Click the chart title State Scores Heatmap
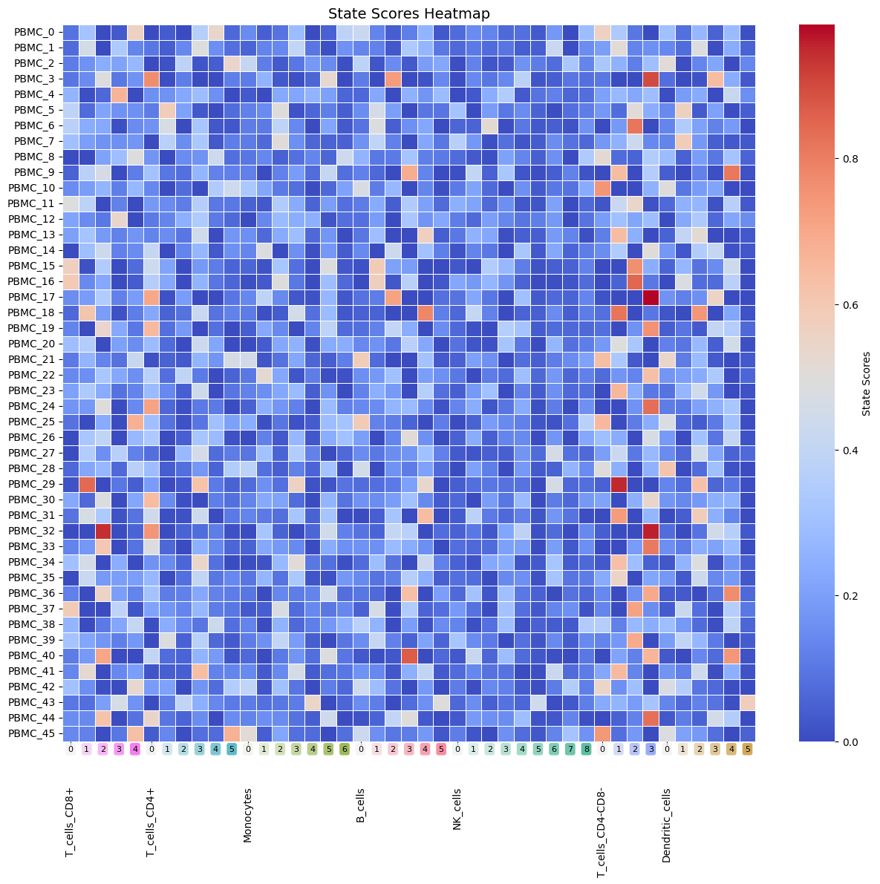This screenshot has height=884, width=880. tap(409, 13)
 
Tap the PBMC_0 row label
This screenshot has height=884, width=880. tap(36, 32)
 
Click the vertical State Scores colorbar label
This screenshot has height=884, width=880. tap(866, 383)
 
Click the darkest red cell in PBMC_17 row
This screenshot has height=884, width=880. tap(651, 297)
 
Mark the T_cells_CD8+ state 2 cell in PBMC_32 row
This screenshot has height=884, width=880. tap(102, 531)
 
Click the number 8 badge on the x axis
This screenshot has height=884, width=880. tap(586, 750)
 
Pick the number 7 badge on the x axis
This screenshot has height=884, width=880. tap(570, 750)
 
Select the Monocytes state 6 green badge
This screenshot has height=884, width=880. tap(345, 750)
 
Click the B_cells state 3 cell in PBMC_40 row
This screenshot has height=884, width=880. tap(409, 655)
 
